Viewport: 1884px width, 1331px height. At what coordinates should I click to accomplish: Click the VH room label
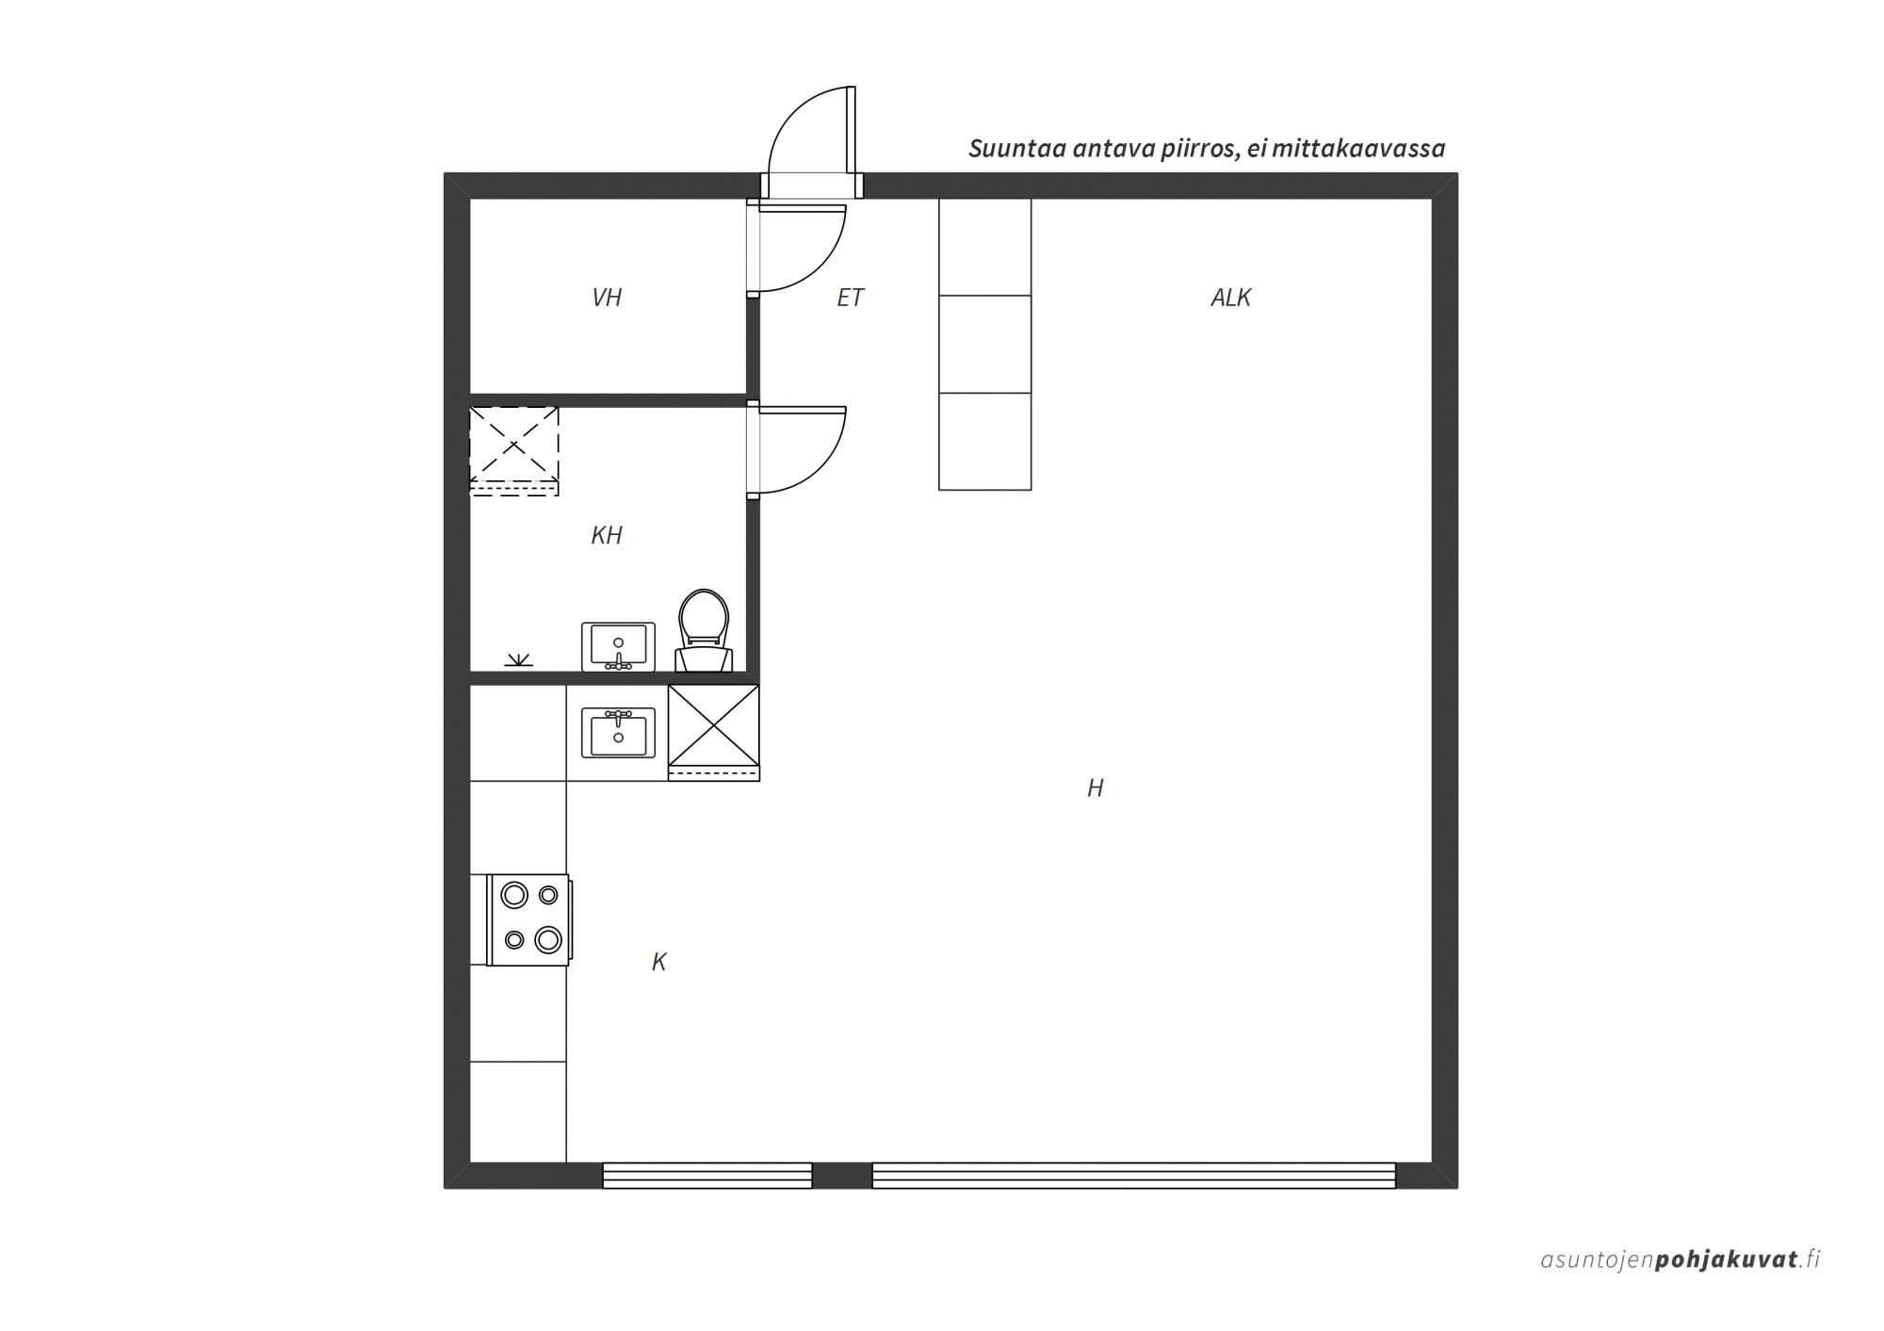click(607, 298)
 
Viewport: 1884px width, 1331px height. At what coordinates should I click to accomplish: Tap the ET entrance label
click(850, 298)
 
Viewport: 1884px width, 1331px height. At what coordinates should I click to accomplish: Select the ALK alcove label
click(1230, 298)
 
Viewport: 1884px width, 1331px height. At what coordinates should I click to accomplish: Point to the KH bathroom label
click(607, 535)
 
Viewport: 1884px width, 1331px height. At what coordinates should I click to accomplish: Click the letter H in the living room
click(1095, 787)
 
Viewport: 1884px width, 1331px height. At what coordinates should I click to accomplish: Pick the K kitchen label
click(659, 962)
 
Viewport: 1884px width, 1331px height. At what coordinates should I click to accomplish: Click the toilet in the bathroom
click(704, 630)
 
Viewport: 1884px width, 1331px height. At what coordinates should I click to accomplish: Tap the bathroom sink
click(618, 646)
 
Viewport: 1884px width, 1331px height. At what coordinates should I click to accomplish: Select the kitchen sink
click(618, 733)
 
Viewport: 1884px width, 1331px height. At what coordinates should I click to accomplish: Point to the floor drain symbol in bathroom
click(518, 659)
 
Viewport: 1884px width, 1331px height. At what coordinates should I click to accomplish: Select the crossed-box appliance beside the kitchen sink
click(713, 732)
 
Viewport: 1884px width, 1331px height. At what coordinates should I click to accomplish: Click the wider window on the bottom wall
click(1133, 1176)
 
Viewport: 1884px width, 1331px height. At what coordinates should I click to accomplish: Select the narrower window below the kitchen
click(707, 1176)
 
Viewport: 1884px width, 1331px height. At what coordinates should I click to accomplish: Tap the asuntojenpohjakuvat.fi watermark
click(1681, 1259)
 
